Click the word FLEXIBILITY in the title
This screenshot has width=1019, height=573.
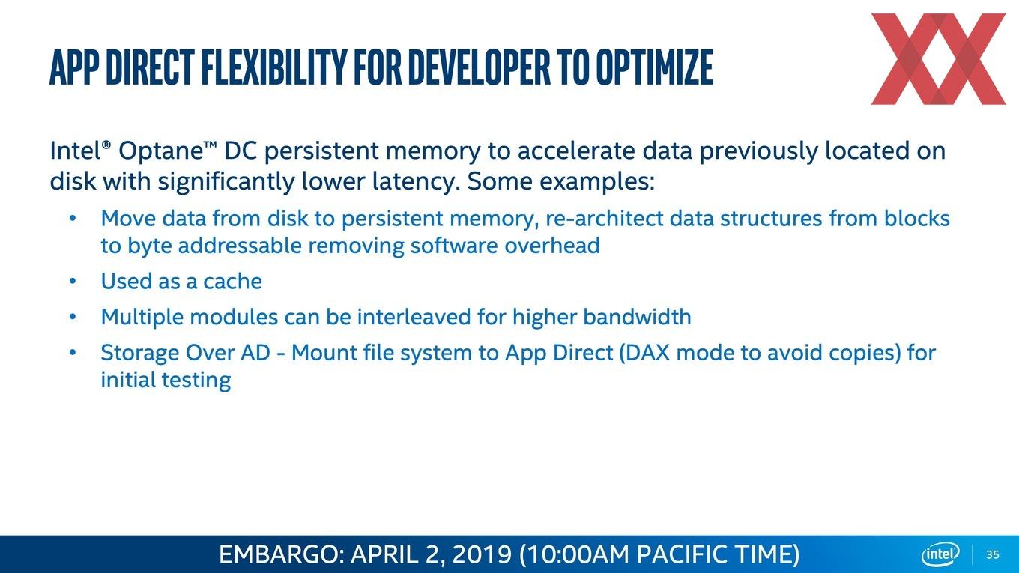pos(273,67)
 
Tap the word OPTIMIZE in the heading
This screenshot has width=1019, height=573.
pos(654,67)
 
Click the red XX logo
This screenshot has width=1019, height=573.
pos(938,59)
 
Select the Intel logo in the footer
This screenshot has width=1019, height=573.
pos(940,554)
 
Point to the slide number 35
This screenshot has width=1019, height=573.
pos(993,554)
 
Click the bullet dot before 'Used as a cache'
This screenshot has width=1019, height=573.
pos(73,282)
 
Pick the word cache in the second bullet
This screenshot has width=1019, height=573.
pos(232,282)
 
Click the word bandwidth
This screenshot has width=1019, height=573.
pos(638,317)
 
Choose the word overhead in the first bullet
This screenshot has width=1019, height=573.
pos(552,246)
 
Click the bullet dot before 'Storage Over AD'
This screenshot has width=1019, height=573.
pos(73,353)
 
